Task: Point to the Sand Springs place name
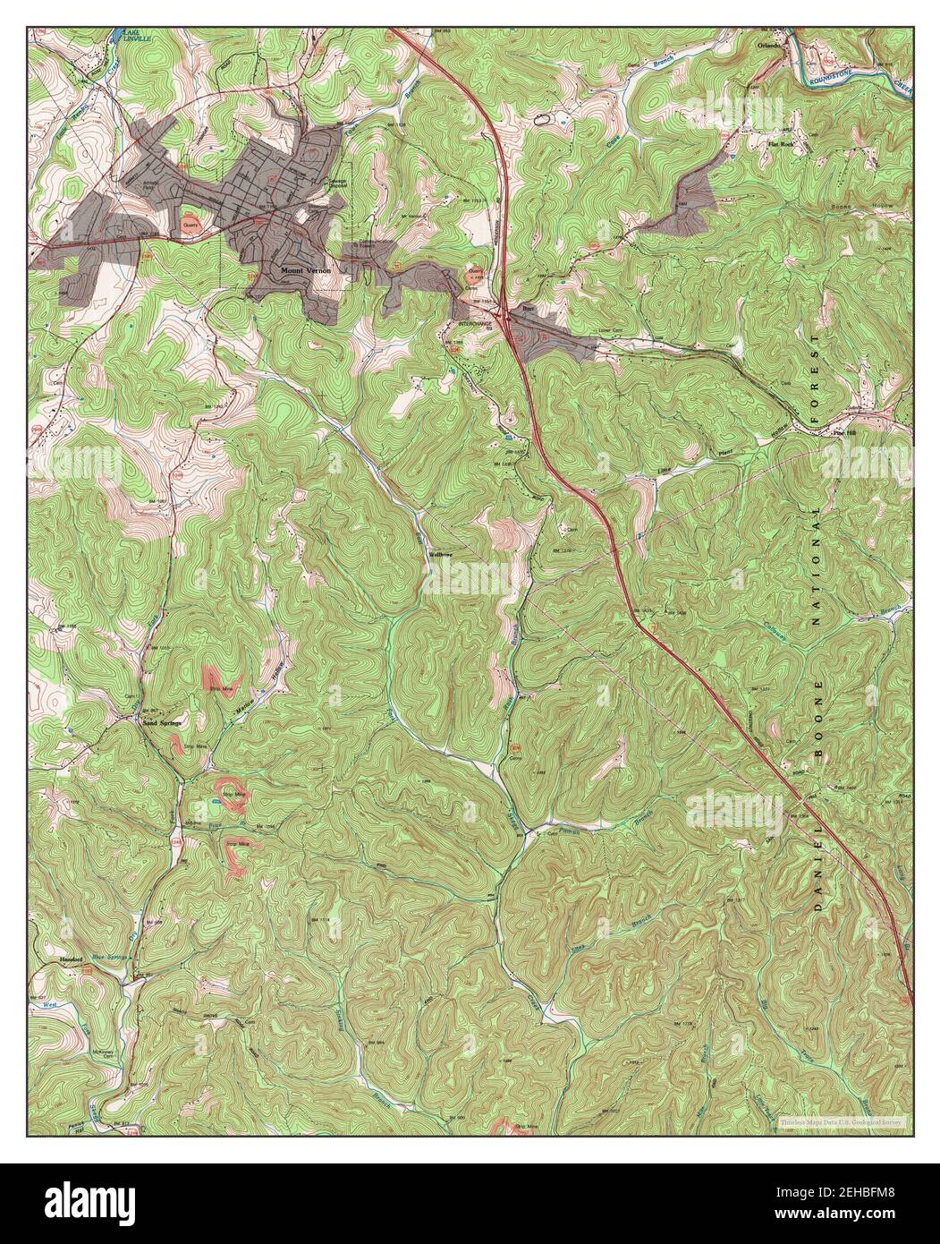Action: (162, 722)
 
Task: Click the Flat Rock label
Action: (780, 143)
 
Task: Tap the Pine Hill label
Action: (844, 431)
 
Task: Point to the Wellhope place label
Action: (442, 555)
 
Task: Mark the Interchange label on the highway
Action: (475, 322)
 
